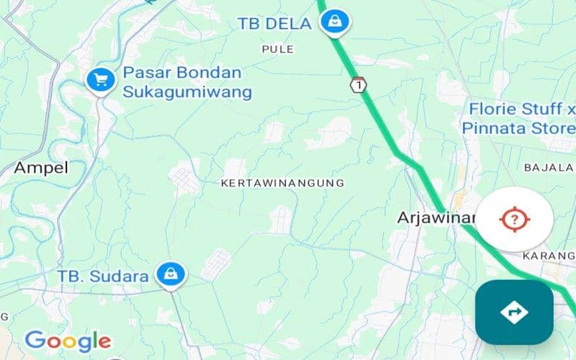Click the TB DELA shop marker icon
click(335, 22)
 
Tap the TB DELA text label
click(274, 24)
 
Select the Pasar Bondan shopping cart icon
click(101, 81)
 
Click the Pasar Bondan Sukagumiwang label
click(187, 82)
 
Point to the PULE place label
click(278, 49)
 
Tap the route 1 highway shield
click(359, 84)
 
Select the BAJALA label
click(548, 168)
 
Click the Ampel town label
click(41, 168)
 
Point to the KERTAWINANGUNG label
click(282, 184)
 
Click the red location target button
click(514, 217)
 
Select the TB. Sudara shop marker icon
click(172, 274)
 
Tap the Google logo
click(67, 341)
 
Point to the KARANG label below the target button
click(548, 256)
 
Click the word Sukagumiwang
click(187, 92)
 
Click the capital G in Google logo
click(34, 340)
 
